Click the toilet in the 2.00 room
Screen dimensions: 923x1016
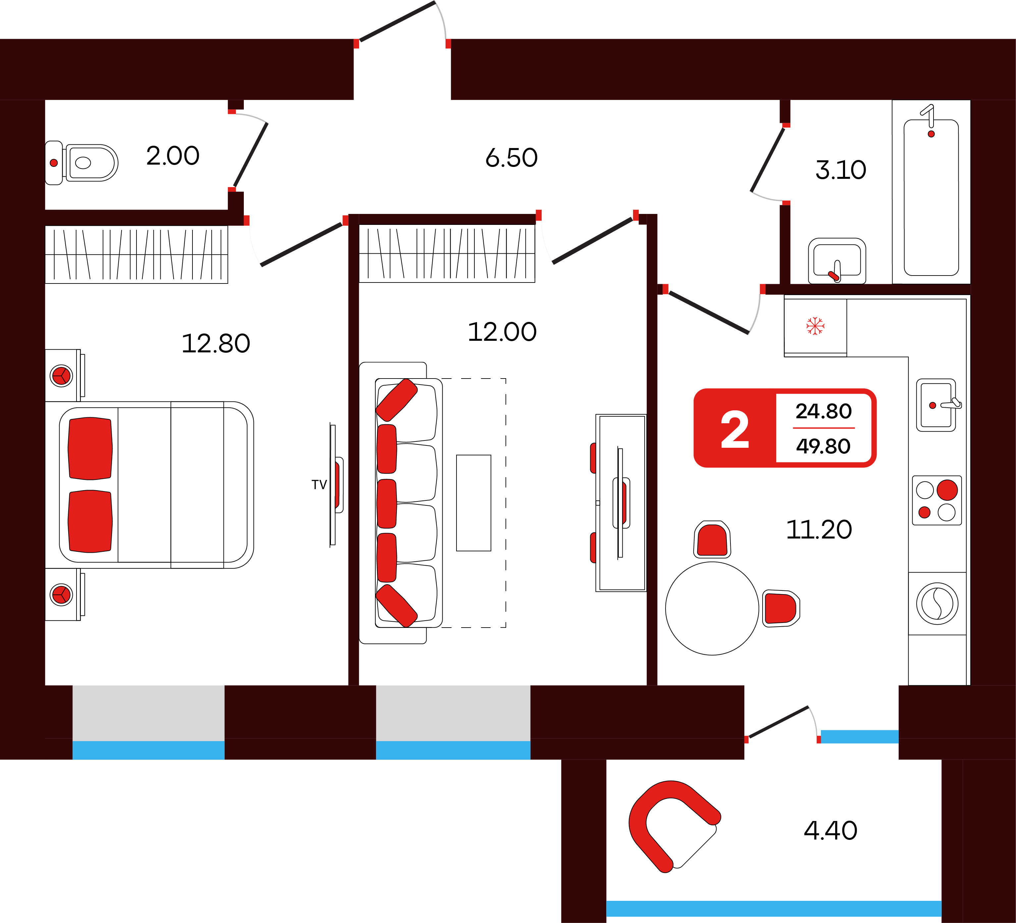coord(83,163)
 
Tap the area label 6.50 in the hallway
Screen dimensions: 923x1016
coord(511,158)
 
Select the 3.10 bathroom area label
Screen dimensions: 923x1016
coord(841,170)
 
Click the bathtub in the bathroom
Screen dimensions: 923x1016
coord(931,197)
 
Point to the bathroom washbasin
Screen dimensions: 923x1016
coord(836,261)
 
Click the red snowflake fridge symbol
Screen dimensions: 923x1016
coord(815,326)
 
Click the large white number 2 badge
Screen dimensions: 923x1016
coord(735,429)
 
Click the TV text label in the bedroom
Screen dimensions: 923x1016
coord(319,485)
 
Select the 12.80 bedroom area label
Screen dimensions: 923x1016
coord(216,344)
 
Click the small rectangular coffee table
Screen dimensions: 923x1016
coord(473,503)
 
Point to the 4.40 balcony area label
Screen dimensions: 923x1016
coord(830,830)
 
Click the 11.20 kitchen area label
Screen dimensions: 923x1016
coord(819,530)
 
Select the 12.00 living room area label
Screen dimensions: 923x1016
coord(502,332)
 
